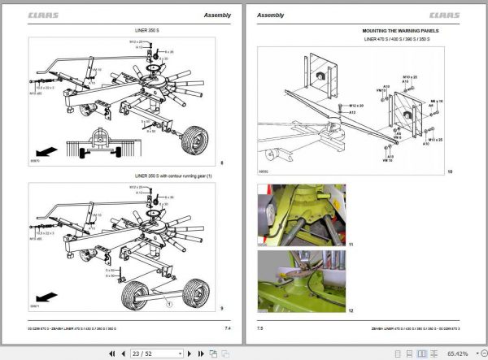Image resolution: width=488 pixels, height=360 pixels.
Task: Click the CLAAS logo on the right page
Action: click(x=443, y=15)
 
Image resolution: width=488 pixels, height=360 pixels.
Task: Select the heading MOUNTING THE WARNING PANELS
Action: click(x=397, y=31)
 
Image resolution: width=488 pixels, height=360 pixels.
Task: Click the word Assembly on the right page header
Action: click(x=271, y=15)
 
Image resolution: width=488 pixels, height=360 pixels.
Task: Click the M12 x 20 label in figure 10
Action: click(x=355, y=106)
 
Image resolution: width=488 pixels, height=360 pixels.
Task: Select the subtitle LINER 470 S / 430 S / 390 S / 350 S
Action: click(x=397, y=39)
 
